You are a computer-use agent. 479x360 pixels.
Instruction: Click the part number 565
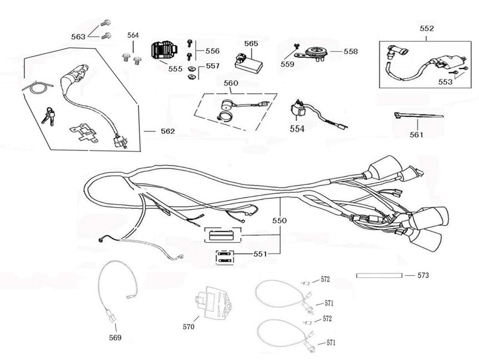pos(251,43)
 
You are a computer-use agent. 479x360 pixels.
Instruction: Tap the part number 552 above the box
pos(427,28)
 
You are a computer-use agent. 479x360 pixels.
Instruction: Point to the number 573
pos(423,275)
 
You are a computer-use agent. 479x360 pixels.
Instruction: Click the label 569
pos(115,337)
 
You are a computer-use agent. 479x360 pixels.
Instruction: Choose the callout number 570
pos(188,327)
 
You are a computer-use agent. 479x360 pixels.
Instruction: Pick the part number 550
pos(280,221)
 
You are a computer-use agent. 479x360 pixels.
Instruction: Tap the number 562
pos(168,132)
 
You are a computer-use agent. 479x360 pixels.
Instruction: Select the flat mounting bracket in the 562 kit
pos(84,134)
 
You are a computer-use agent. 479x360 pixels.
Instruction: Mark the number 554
pos(297,128)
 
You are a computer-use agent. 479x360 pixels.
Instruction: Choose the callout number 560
pos(231,83)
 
